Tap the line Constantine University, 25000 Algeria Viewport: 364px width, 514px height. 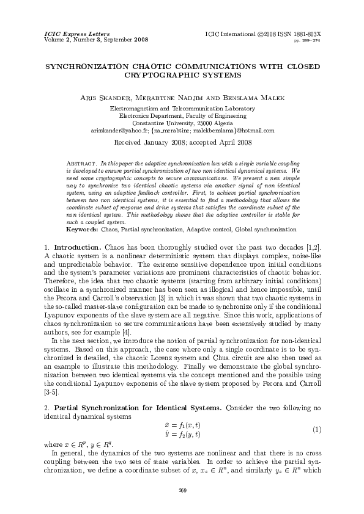[x=182, y=123]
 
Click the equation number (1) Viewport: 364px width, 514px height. [x=316, y=430]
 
